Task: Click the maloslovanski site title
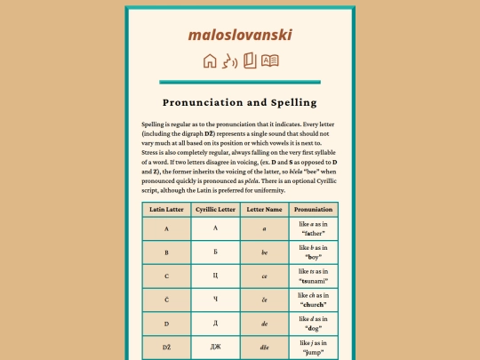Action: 240,35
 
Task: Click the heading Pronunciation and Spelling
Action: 240,102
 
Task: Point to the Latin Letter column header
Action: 166,209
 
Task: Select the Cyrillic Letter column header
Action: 215,209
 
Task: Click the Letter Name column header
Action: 264,209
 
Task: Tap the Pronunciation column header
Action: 313,209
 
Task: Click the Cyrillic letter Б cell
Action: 215,252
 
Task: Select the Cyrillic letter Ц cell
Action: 215,276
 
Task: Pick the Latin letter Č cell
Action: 166,299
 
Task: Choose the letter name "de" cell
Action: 264,323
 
